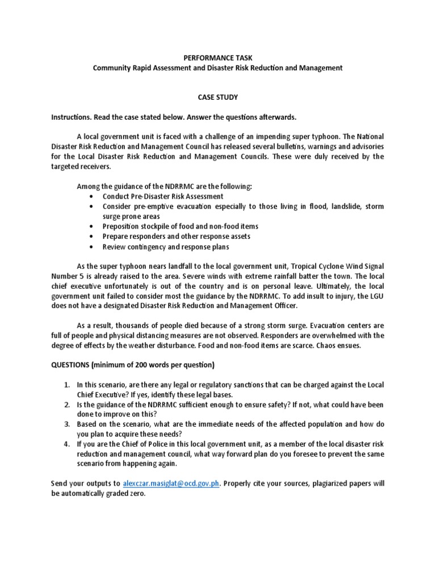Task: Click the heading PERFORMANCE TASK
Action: (217, 57)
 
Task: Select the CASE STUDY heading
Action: (218, 97)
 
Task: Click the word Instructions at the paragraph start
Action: (70, 117)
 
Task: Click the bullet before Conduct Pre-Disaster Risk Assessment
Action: (92, 196)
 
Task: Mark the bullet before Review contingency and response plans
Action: (92, 247)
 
